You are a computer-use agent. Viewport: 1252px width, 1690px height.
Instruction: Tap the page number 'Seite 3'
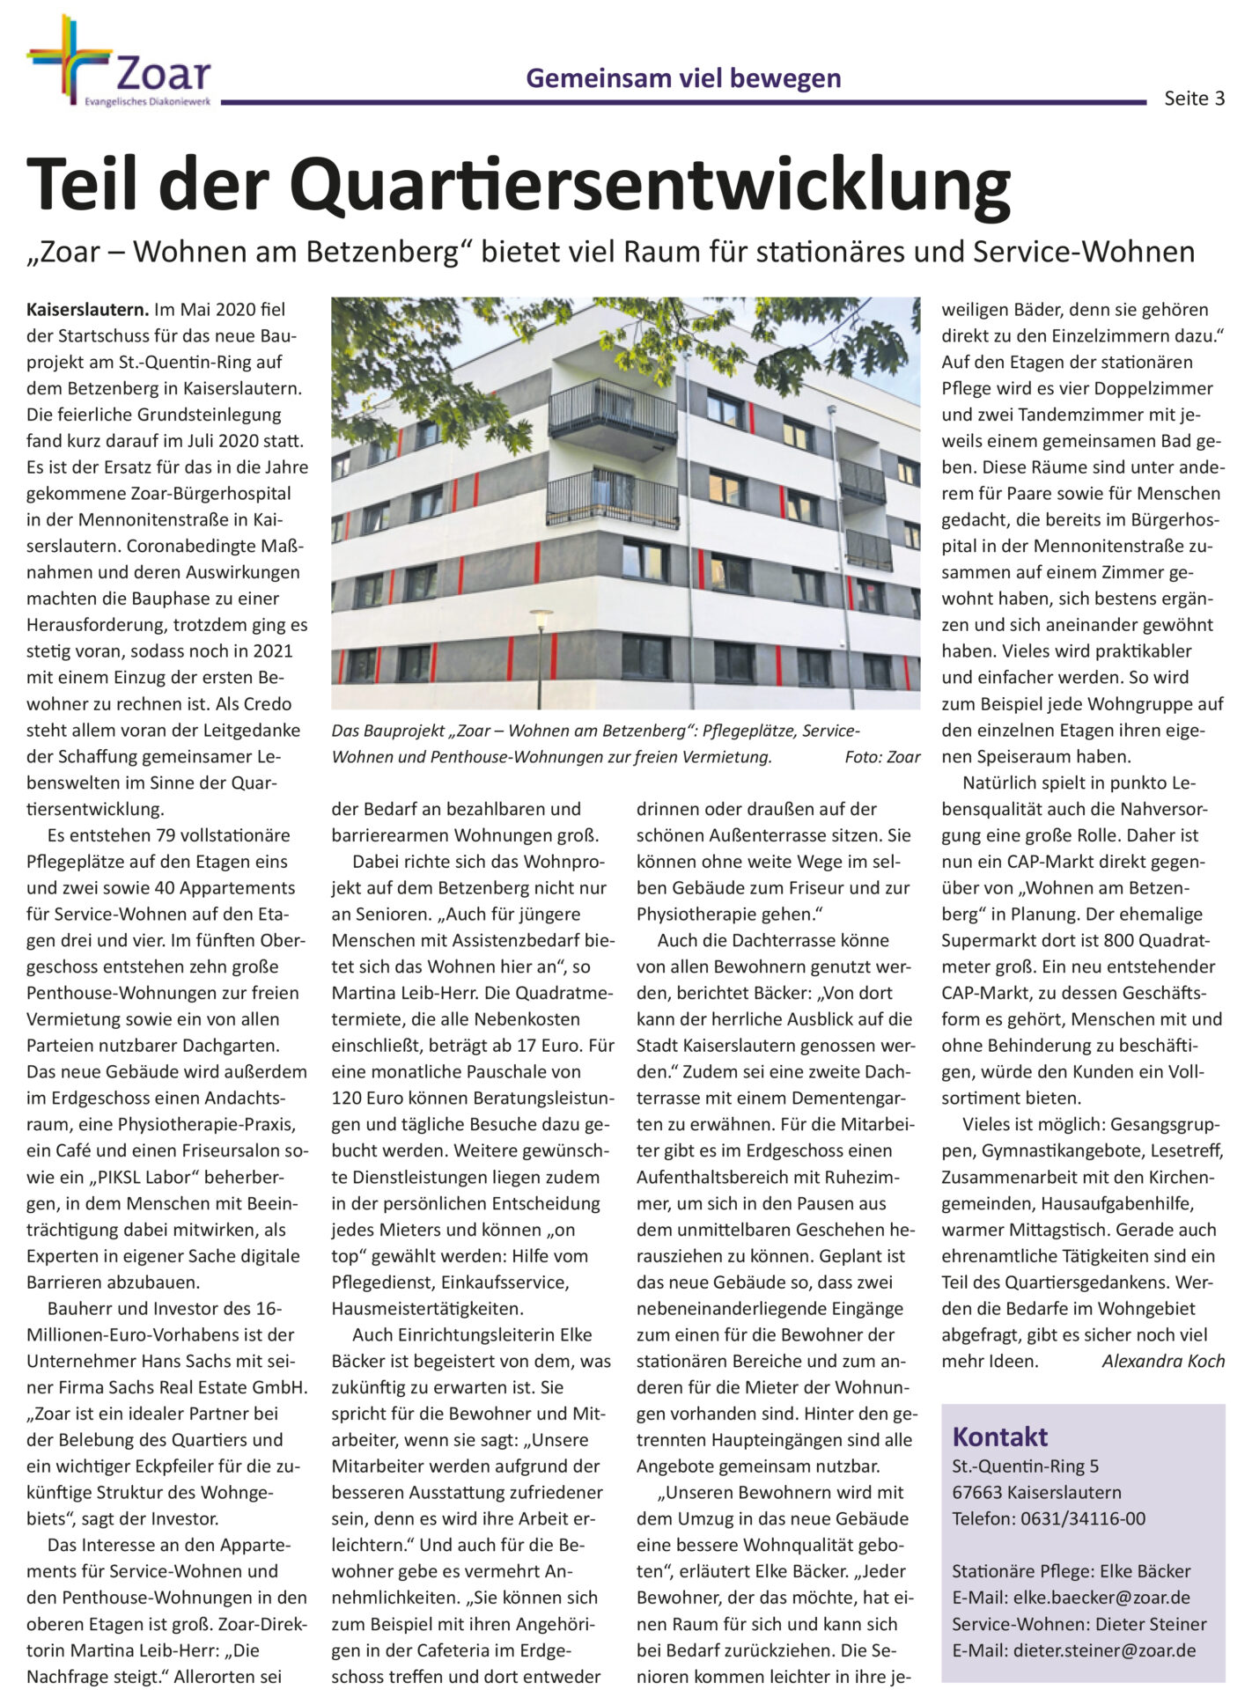(x=1194, y=99)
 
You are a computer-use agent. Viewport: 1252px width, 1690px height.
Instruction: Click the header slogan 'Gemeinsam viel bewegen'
(x=683, y=78)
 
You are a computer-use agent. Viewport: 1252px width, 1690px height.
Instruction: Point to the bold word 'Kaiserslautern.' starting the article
(x=87, y=310)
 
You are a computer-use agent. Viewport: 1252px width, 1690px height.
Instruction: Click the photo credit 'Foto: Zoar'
(x=881, y=757)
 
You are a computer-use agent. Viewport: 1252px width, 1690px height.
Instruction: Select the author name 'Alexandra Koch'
(x=1162, y=1361)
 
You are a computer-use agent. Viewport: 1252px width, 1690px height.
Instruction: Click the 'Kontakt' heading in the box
(x=999, y=1437)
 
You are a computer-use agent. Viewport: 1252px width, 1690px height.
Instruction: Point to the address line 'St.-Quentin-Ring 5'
(x=1025, y=1466)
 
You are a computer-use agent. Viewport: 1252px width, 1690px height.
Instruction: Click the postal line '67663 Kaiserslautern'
(x=1036, y=1492)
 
